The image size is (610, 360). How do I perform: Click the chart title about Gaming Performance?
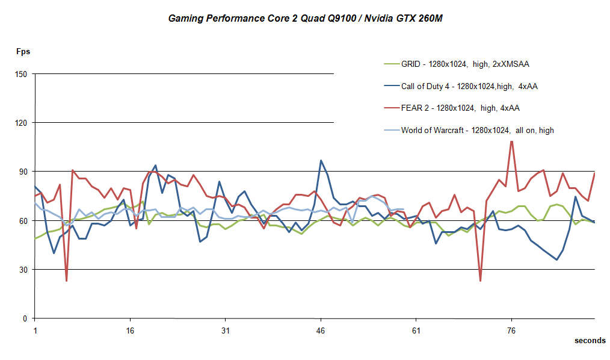[x=305, y=19]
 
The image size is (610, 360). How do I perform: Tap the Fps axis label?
[x=23, y=51]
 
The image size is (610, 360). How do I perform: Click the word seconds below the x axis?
[x=590, y=341]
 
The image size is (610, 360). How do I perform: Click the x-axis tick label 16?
[x=131, y=331]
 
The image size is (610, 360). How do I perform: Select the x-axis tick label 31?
[x=226, y=331]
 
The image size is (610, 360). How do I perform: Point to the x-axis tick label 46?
[x=321, y=331]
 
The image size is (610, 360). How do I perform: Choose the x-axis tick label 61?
[x=416, y=331]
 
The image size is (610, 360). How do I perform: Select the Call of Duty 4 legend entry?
[x=469, y=86]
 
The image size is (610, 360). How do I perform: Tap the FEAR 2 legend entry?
[x=460, y=108]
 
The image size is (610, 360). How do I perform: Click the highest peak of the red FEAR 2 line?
[x=511, y=141]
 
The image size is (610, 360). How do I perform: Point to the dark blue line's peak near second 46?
[x=321, y=160]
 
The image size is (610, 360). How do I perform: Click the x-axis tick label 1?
[x=35, y=331]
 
